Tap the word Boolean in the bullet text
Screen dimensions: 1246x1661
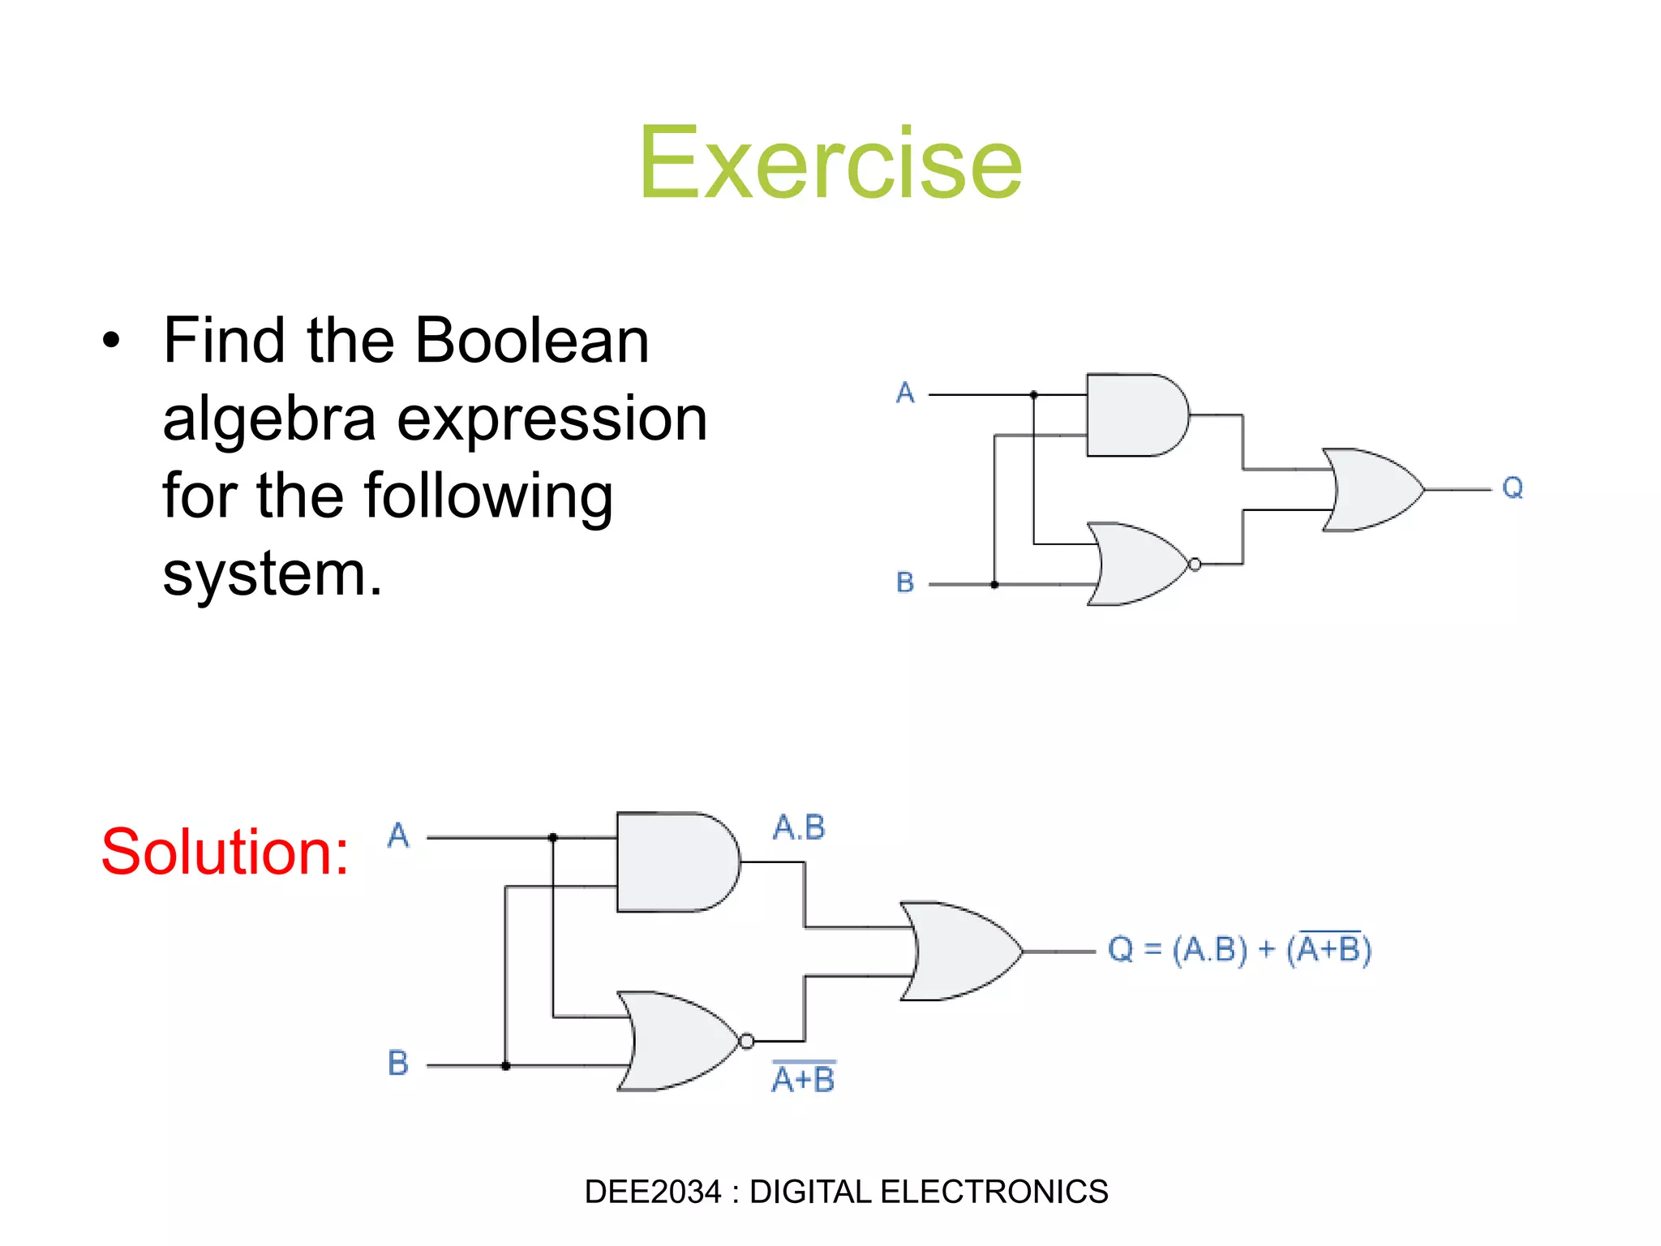coord(532,341)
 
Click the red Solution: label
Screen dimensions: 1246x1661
coord(225,852)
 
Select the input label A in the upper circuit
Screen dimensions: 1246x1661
coord(905,393)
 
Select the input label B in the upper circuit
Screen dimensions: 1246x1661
coord(905,582)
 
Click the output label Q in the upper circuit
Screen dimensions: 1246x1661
coord(1513,488)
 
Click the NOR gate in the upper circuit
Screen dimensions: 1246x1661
coord(1135,564)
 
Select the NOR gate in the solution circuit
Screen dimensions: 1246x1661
coord(678,1041)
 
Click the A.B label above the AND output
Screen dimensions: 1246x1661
coord(799,828)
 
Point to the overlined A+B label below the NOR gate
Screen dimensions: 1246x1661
coord(803,1079)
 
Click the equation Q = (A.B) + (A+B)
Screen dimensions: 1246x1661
coord(1239,949)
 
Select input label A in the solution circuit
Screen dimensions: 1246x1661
coord(398,836)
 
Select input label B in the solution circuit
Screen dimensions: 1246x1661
coord(398,1063)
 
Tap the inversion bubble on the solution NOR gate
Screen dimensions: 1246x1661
coord(747,1041)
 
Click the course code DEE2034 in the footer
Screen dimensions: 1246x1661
coord(652,1192)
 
